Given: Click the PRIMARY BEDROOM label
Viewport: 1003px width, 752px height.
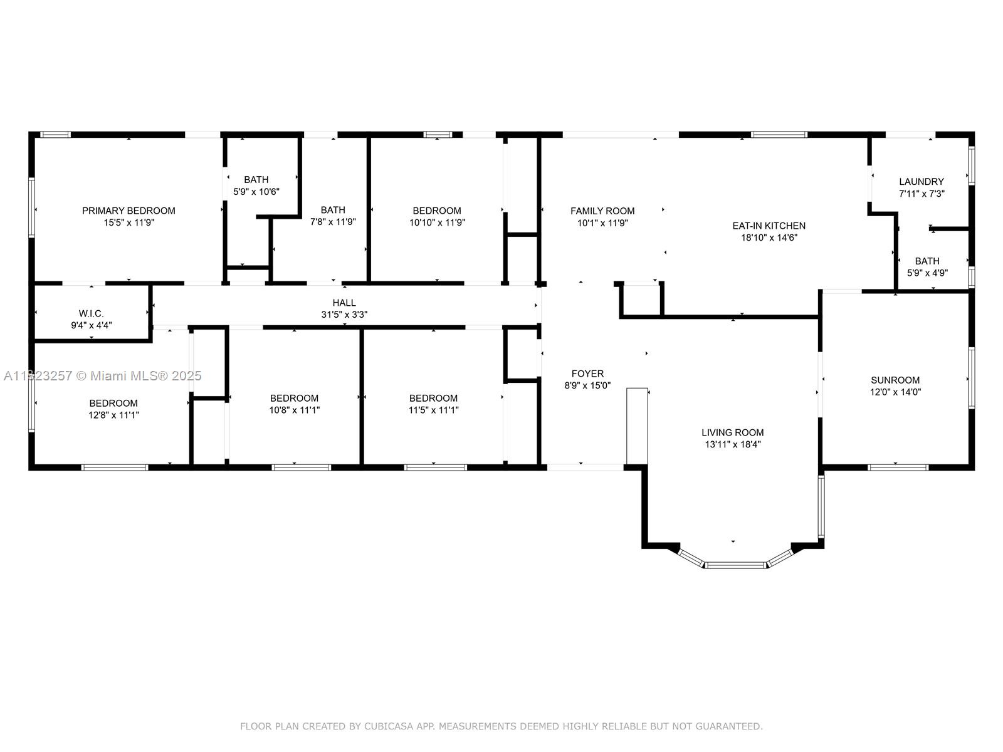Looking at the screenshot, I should pos(129,211).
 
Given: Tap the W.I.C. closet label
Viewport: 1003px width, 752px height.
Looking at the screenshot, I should pos(92,313).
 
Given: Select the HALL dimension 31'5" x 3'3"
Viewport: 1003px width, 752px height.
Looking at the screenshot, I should pos(344,315).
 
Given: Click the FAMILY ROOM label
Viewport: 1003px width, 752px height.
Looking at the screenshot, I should pos(602,211).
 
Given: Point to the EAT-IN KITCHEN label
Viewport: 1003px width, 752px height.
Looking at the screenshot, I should pos(769,226).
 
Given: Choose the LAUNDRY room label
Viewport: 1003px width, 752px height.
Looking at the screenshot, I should pos(921,182).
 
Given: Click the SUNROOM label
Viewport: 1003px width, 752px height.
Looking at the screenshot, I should pos(895,380).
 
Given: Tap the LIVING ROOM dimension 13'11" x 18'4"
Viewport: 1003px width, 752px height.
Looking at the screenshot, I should pos(732,444).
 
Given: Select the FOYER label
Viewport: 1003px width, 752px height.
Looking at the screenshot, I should pos(587,373).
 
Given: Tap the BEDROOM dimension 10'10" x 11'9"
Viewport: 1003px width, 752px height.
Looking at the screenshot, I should pos(437,222).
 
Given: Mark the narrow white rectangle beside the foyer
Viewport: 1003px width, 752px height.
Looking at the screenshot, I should pos(637,426).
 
